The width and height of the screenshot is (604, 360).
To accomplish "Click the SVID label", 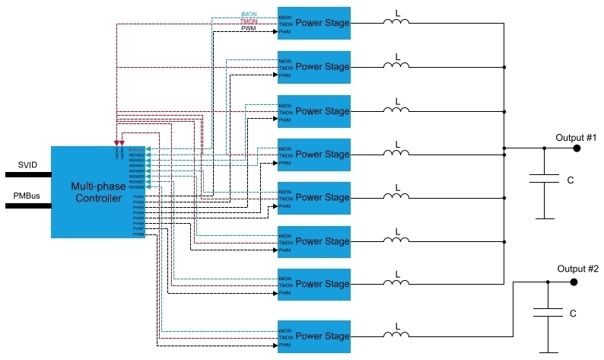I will point(27,165).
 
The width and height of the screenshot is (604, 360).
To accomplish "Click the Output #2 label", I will point(577,269).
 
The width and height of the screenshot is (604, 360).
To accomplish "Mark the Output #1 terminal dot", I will point(577,148).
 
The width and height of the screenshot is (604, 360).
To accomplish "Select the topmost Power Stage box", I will point(313,24).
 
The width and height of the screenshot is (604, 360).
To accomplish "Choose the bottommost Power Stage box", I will point(313,336).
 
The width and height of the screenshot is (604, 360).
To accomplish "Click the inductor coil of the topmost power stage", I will point(396,24).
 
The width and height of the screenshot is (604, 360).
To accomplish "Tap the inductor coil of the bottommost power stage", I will point(396,336).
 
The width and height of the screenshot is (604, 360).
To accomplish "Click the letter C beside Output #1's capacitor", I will point(570,180).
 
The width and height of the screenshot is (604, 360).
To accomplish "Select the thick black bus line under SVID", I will point(27,174).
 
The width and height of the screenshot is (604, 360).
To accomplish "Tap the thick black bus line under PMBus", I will point(27,205).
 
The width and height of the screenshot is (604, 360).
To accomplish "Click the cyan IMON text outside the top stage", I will point(250,14).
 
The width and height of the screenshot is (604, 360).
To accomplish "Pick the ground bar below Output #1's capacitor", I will point(545,218).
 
